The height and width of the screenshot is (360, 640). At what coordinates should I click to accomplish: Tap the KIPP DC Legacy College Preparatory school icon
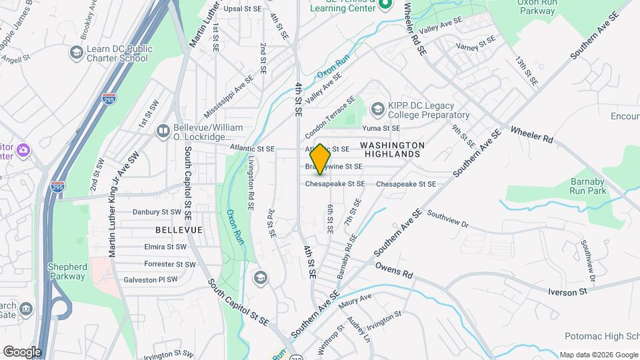pos(378,108)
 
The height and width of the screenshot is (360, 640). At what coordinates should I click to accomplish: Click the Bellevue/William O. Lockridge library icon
pos(163,130)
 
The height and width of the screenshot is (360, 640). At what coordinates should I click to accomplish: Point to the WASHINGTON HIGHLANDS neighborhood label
pos(392,149)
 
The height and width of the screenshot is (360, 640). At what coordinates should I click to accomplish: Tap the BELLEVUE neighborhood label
pos(179,229)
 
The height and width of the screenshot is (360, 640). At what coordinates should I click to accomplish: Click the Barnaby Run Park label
pos(588,186)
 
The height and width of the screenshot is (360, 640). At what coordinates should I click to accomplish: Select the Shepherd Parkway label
pos(67,271)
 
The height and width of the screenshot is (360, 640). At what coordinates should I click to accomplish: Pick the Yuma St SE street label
pos(381,128)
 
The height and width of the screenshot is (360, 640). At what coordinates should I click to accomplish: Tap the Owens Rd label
pos(394,270)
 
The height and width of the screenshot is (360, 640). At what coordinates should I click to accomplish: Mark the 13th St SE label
pos(525,71)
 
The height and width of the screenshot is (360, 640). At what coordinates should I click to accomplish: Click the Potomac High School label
pos(601,337)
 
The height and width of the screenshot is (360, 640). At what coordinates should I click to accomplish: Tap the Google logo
pos(22,352)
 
